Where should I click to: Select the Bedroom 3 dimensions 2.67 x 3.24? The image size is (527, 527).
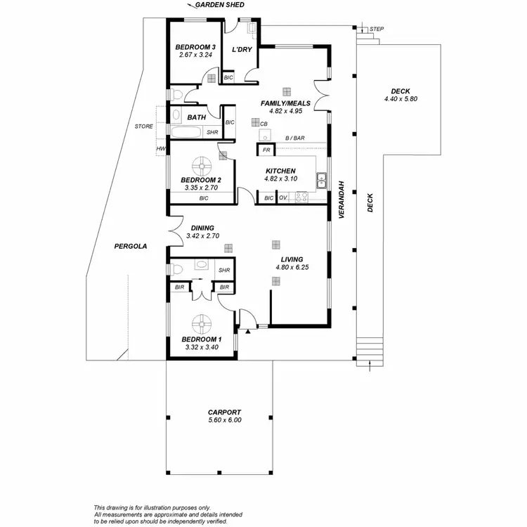tap(195, 55)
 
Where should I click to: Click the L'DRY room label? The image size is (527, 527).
tap(242, 49)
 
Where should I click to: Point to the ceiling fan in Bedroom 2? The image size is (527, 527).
tap(203, 167)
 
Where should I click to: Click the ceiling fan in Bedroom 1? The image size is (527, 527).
tap(202, 324)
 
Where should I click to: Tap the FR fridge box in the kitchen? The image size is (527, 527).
tap(266, 150)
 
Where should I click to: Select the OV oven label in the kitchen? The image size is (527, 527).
tap(282, 199)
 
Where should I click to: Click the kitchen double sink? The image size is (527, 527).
tap(322, 181)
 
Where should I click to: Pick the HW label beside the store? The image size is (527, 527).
tap(161, 149)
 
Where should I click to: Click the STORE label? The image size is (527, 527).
tap(143, 126)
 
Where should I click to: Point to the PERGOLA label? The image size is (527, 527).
tap(131, 247)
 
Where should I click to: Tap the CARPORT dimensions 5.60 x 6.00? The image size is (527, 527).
tap(225, 420)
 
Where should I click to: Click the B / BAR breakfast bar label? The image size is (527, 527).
tap(294, 138)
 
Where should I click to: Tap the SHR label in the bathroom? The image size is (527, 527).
tap(212, 132)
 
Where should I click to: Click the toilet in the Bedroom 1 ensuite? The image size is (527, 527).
tap(178, 268)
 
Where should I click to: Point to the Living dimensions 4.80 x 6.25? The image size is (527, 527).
tap(292, 267)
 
